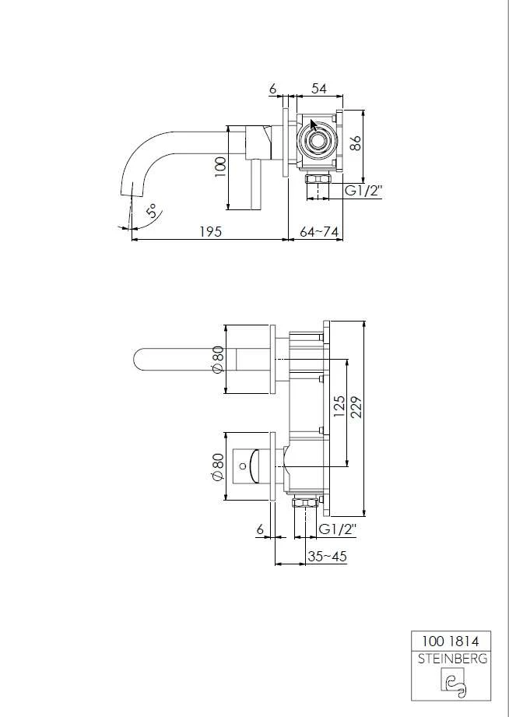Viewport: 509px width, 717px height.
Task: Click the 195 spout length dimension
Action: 212,230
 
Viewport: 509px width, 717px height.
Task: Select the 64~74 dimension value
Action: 320,230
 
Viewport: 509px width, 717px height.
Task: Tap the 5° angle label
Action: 150,211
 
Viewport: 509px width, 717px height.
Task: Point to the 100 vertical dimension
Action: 220,166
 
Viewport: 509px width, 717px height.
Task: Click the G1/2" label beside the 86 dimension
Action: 364,190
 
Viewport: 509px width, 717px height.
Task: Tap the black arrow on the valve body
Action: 314,127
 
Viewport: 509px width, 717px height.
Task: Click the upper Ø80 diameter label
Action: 219,359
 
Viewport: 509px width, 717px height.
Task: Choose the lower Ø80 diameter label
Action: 219,466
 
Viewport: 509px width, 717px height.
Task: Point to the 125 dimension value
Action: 339,406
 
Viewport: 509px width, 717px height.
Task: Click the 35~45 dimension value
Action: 328,556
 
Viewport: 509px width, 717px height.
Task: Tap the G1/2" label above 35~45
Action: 338,529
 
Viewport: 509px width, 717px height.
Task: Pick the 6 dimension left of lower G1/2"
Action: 260,529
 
